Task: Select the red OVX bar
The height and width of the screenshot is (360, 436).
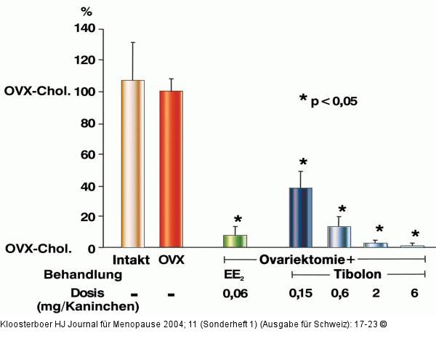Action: tap(171, 169)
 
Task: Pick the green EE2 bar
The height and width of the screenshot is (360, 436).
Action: tap(235, 241)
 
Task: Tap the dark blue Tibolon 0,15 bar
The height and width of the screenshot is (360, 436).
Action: tap(300, 217)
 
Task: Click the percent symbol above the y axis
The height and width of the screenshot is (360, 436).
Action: tap(86, 12)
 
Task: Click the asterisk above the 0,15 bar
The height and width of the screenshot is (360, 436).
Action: tap(303, 163)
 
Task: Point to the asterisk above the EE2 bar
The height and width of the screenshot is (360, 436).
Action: tap(237, 220)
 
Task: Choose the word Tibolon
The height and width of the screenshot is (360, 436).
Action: tap(358, 276)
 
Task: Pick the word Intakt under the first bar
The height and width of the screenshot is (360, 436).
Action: tap(132, 260)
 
